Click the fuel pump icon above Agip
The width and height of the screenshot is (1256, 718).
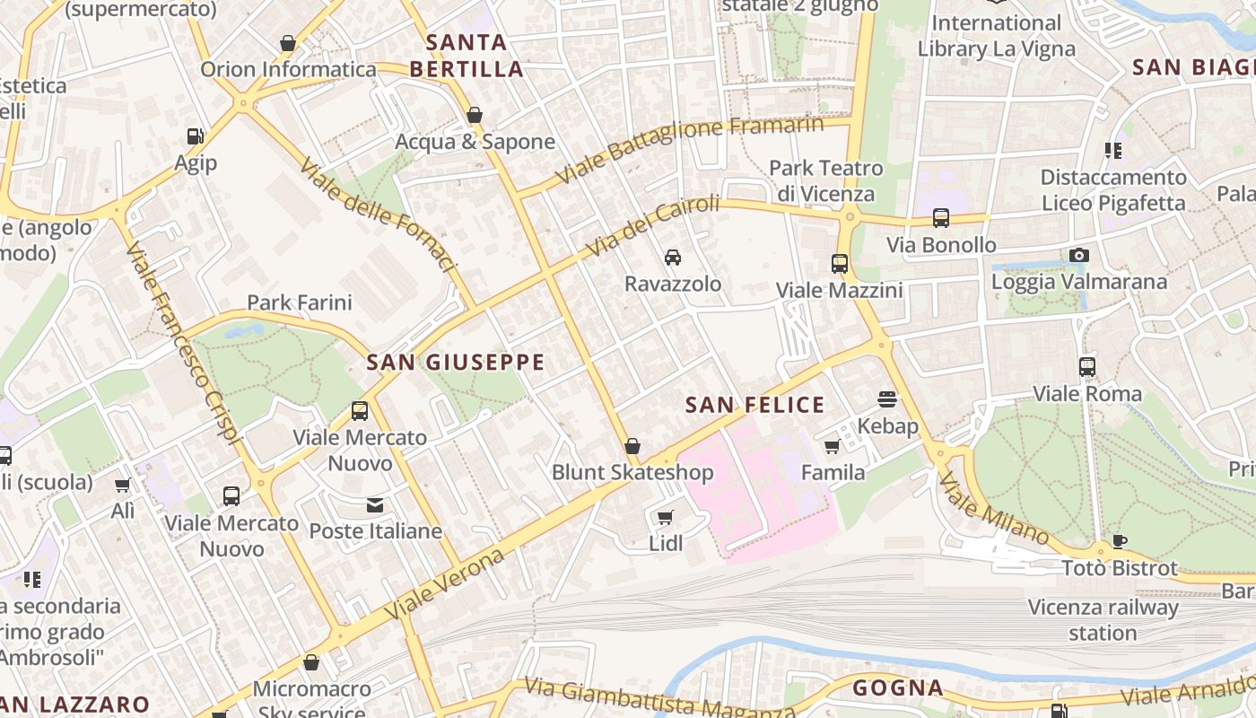pos(195,136)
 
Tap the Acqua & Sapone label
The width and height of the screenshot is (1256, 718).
pos(475,142)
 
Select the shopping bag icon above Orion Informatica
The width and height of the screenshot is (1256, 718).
pos(288,43)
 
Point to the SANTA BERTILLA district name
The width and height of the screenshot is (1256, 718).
pos(466,56)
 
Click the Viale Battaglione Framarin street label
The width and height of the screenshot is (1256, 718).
pos(689,149)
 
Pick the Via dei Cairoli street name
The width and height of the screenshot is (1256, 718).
pos(652,225)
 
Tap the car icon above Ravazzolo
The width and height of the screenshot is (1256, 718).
pos(673,258)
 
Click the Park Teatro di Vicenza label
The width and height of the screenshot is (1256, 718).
pos(825,180)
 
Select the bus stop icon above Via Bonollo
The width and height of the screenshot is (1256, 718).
pos(940,218)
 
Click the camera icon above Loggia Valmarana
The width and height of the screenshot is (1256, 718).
pos(1079,256)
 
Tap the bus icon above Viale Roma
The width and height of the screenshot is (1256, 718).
pos(1087,367)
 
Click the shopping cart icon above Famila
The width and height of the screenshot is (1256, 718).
pos(833,446)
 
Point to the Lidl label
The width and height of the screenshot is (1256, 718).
pos(666,543)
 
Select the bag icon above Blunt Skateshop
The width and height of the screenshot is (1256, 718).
pos(632,446)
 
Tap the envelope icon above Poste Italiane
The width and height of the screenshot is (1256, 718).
pos(375,505)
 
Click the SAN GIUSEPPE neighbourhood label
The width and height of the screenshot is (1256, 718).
pos(456,363)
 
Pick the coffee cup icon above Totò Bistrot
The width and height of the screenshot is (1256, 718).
pos(1119,541)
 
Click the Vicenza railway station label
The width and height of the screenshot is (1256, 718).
pos(1103,620)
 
